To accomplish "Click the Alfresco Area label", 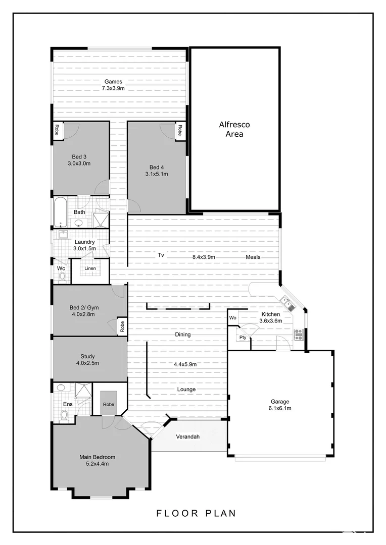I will coord(234,129).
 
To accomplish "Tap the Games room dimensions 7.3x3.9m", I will coord(113,88).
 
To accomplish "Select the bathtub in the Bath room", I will coord(61,212).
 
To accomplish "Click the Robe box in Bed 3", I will coord(57,130).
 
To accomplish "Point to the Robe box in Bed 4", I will coord(179,131).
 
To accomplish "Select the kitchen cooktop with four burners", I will coord(299,334).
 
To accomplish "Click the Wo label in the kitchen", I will coord(233,318).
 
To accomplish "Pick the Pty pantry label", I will coord(243,338).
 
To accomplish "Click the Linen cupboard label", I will coord(90,268).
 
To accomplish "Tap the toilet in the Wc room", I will coord(62,276).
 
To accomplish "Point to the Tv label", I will coord(161,255).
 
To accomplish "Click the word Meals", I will coord(253,257).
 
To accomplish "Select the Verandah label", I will coord(187,437).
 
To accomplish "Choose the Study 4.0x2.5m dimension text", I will coord(87,363).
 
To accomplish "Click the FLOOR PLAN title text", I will coord(197,514).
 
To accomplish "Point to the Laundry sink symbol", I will coord(64,234).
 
